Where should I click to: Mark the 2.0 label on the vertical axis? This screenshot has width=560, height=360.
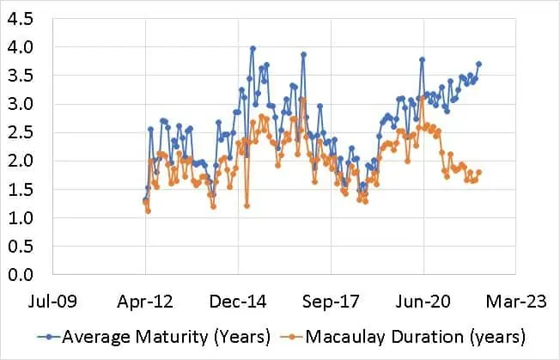pyautogui.click(x=25, y=161)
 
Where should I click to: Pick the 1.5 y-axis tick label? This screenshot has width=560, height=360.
pyautogui.click(x=25, y=189)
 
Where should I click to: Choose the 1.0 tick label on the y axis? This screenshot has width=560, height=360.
pyautogui.click(x=25, y=217)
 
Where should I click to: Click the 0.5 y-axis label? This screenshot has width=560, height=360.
pyautogui.click(x=25, y=246)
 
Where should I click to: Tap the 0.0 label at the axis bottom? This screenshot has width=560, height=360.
pyautogui.click(x=25, y=274)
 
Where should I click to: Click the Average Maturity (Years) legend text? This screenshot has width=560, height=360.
pyautogui.click(x=167, y=335)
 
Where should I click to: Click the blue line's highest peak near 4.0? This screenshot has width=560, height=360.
pyautogui.click(x=253, y=49)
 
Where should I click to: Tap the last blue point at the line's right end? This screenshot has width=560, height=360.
pyautogui.click(x=479, y=64)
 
